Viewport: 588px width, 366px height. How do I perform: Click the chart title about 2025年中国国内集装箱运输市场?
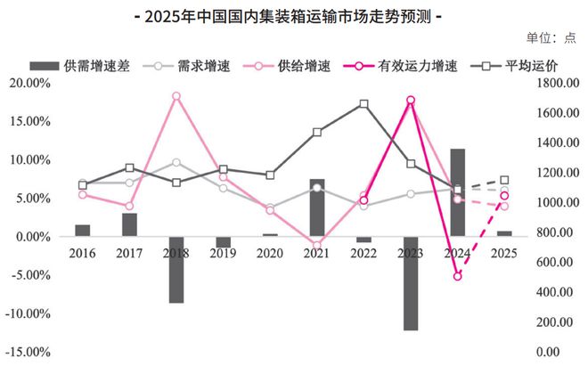(294, 16)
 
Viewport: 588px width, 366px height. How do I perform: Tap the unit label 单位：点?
(552, 37)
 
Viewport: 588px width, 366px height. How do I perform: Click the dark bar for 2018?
(176, 270)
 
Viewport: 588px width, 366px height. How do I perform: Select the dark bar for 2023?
(411, 283)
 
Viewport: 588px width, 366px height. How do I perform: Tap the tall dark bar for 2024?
(458, 192)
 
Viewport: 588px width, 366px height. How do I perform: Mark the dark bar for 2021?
(317, 207)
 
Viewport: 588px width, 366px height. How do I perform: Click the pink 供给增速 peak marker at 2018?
(176, 96)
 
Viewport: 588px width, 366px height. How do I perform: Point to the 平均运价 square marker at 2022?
(363, 104)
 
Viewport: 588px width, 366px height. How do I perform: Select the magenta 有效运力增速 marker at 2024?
(458, 276)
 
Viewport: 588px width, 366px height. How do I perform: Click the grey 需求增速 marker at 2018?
(176, 162)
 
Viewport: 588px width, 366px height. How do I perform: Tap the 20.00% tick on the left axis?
(31, 83)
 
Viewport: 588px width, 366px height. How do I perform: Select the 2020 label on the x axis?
(270, 254)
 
